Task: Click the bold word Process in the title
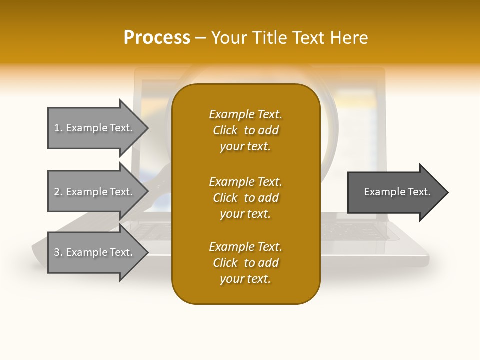tap(157, 38)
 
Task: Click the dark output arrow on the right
tap(395, 192)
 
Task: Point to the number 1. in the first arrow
tap(58, 128)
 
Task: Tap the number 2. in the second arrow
tap(58, 192)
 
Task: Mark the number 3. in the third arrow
tap(58, 252)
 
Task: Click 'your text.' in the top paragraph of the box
tap(245, 146)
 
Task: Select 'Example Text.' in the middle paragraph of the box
tap(245, 181)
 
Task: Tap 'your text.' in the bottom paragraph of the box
tap(245, 279)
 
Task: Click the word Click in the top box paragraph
tap(225, 130)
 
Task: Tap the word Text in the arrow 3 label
tap(120, 252)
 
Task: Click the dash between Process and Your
tap(200, 38)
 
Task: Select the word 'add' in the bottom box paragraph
tap(269, 263)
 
